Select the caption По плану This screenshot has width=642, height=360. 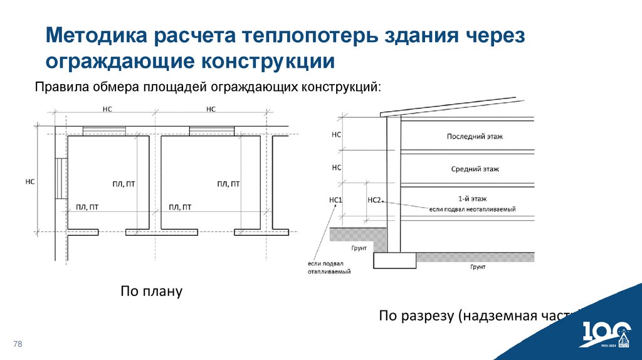coord(151,292)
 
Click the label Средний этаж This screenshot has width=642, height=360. coord(475,169)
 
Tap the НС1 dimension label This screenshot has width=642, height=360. coord(336,200)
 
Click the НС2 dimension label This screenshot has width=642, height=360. coord(374,200)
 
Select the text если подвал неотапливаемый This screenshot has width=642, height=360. coord(472,209)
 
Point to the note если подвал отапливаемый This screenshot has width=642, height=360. coord(329,268)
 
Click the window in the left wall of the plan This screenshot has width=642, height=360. coord(60,178)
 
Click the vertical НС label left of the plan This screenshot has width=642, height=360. coord(29,181)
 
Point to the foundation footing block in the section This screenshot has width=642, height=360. coord(394,260)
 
